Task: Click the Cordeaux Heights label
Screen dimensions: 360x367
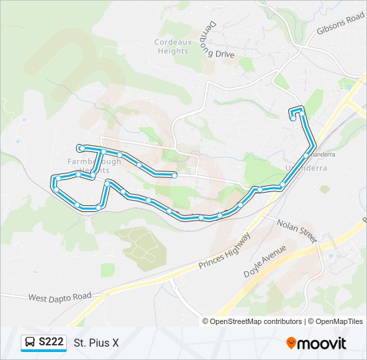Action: tap(172, 46)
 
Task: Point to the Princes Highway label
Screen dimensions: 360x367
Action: tap(224, 251)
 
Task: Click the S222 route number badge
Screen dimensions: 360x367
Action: tap(51, 343)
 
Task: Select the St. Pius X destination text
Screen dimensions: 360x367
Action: tap(96, 343)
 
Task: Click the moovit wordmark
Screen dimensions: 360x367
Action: tap(322, 343)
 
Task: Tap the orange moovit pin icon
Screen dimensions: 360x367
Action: tap(291, 343)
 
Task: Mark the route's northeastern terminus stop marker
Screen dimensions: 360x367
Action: tap(293, 119)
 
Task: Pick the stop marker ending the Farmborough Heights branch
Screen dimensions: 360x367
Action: tap(174, 175)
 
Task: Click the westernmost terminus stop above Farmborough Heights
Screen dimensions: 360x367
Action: tap(80, 147)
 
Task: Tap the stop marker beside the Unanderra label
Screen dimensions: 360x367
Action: tap(306, 155)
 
